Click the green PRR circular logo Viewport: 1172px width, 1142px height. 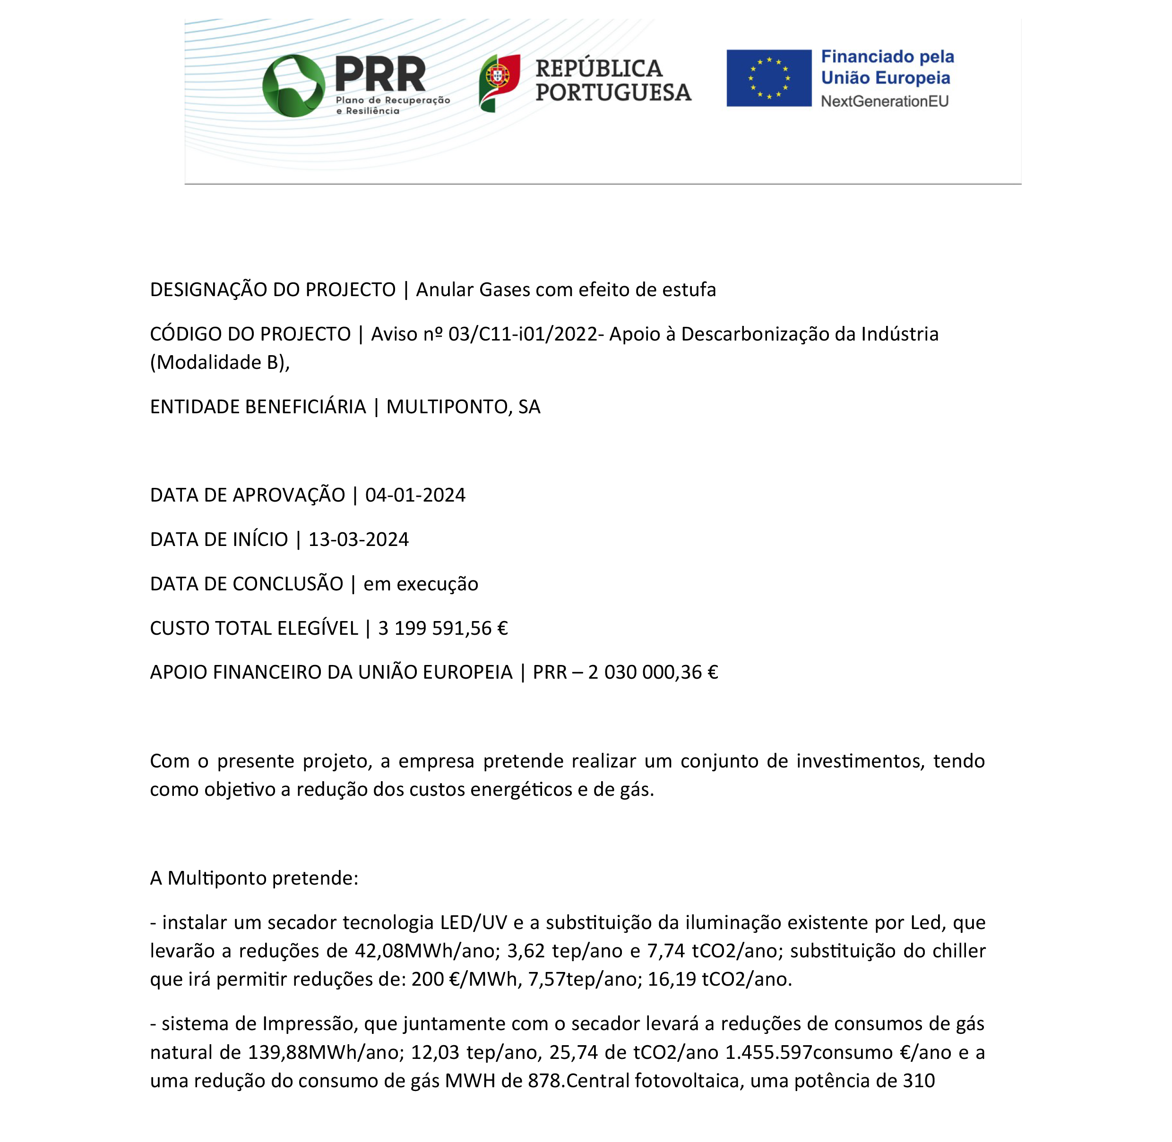(x=293, y=86)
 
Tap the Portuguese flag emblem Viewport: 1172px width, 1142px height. (x=499, y=82)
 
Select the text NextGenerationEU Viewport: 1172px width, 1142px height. (x=885, y=102)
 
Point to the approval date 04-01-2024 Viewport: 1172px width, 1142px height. (x=415, y=495)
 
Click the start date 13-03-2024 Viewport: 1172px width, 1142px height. (x=358, y=540)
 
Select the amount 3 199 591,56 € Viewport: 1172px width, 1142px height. (x=443, y=629)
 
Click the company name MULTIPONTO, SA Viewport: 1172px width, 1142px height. (x=463, y=407)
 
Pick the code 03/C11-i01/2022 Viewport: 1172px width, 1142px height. (x=523, y=334)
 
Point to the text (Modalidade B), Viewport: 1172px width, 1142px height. (x=220, y=363)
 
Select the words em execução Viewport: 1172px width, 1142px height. (x=421, y=584)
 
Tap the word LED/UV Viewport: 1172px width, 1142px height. (x=474, y=922)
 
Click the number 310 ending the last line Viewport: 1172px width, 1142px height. (x=918, y=1081)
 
